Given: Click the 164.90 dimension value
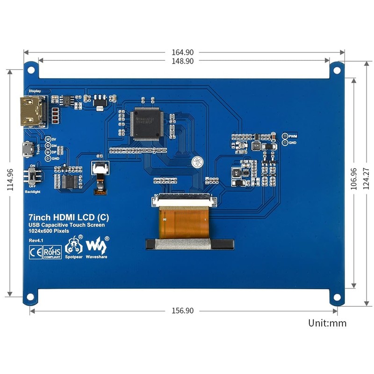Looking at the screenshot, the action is [x=183, y=52].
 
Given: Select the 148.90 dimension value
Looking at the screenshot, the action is [x=183, y=61].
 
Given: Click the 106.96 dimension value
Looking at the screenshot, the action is [x=353, y=179].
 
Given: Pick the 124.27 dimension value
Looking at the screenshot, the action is [x=366, y=179].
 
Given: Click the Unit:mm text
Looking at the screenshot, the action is [x=327, y=323].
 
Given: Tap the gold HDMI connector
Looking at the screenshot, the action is [x=32, y=111].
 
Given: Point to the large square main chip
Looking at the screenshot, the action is [x=146, y=123].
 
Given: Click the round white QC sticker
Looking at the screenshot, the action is [x=196, y=162].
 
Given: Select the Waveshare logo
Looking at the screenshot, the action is [x=97, y=245].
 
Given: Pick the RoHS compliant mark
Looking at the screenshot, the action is [x=52, y=251].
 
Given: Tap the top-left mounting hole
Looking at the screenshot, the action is [x=31, y=70].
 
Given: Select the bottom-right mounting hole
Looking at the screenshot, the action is [x=336, y=297].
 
